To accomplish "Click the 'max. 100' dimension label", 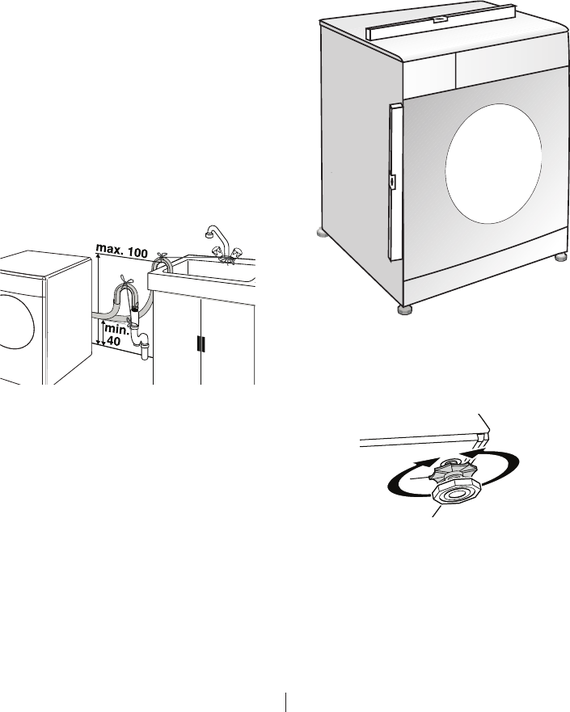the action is (121, 252).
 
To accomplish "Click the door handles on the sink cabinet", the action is (201, 343).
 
